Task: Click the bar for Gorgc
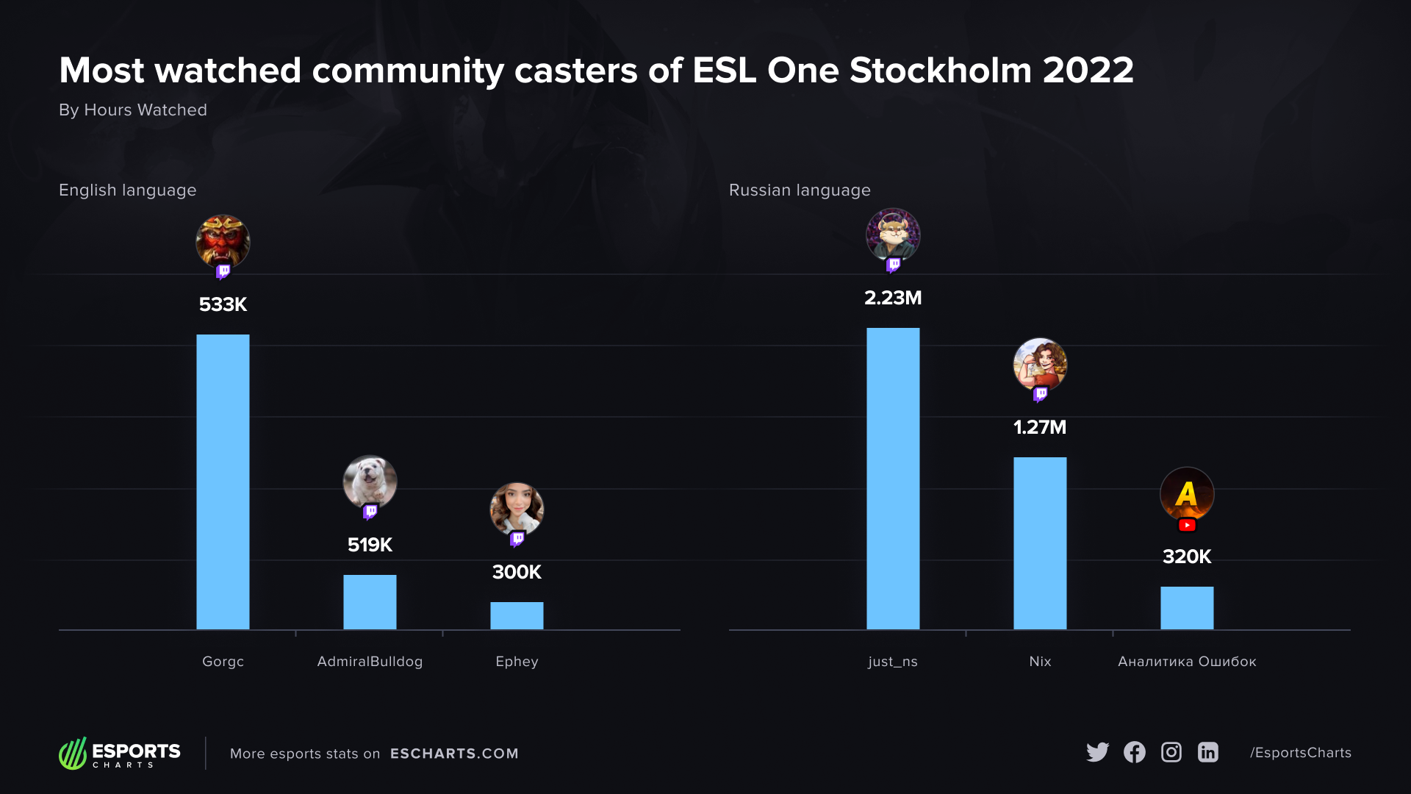click(223, 482)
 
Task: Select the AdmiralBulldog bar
click(370, 601)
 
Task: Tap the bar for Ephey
click(517, 615)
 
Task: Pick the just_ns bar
click(893, 478)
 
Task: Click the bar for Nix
click(1040, 543)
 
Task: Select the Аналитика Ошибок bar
click(1187, 607)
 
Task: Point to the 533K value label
click(223, 304)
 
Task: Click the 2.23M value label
click(893, 298)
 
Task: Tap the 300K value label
click(517, 572)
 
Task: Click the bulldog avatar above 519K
click(370, 482)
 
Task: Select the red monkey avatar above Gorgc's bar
click(223, 241)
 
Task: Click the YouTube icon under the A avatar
click(1187, 525)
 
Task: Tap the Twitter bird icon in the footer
click(1097, 752)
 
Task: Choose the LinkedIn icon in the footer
click(1207, 752)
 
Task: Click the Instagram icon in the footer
click(1171, 752)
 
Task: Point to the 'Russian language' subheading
click(800, 190)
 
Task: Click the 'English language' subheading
click(127, 190)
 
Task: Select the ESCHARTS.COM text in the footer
click(454, 754)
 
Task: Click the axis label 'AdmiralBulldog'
click(370, 662)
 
